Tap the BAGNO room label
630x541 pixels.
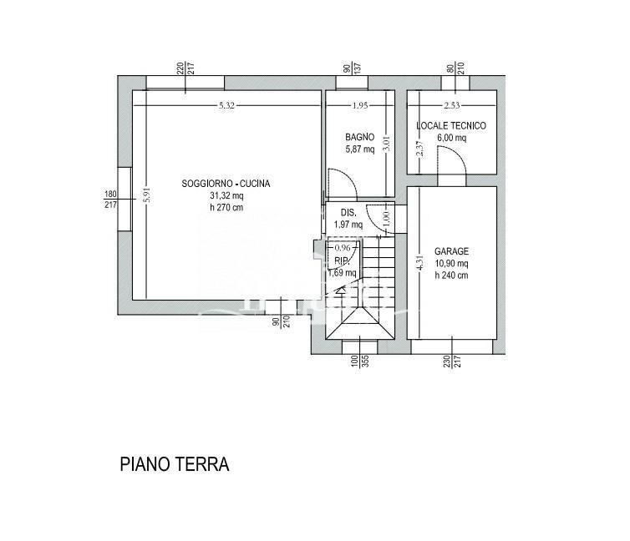[360, 137]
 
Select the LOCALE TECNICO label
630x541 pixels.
[451, 126]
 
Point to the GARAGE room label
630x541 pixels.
[451, 251]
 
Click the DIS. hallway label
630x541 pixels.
[348, 212]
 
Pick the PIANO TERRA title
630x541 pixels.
[174, 464]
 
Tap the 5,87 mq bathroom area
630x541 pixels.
[361, 149]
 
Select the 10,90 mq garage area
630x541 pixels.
[451, 263]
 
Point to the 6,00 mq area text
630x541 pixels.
[451, 139]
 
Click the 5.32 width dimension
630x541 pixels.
[226, 105]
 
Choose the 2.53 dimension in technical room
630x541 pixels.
[451, 105]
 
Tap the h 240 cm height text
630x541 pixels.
[451, 275]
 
